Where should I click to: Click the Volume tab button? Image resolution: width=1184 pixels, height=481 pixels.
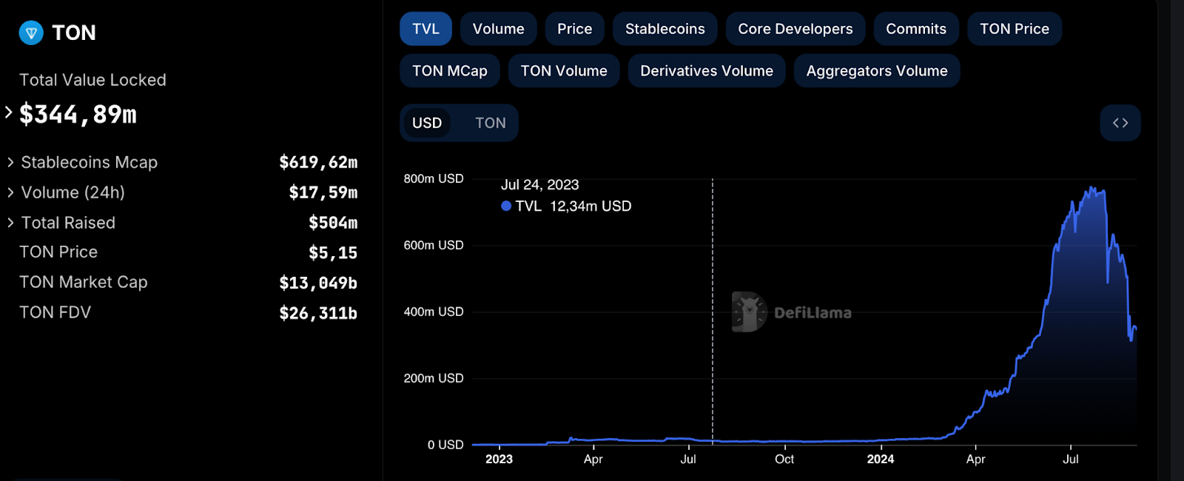click(498, 29)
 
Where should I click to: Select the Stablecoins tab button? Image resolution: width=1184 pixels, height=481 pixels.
click(665, 29)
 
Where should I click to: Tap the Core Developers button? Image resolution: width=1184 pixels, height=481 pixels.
click(795, 29)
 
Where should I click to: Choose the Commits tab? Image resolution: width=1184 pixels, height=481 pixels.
click(915, 29)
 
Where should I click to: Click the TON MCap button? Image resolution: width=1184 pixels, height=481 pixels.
click(449, 71)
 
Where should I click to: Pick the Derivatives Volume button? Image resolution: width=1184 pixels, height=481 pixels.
click(706, 71)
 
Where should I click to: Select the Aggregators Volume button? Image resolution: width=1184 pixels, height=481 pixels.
click(876, 71)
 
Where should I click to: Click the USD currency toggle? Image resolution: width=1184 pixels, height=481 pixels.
click(427, 123)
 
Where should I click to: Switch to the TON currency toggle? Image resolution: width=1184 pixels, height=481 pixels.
click(490, 123)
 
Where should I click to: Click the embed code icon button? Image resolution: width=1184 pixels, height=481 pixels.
click(1120, 123)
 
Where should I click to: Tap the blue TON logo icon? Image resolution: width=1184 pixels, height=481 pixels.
click(31, 33)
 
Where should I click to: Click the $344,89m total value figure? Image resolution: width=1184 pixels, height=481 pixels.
click(78, 115)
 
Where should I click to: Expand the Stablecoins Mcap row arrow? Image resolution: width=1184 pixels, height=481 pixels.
click(10, 162)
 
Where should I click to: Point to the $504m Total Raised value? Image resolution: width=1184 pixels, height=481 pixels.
click(332, 223)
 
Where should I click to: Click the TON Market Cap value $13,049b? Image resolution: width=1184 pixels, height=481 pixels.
click(317, 283)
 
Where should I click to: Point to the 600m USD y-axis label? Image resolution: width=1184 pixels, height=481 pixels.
click(434, 245)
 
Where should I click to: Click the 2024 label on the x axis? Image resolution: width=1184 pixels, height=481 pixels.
click(880, 459)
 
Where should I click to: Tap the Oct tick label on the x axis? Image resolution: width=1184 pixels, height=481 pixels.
click(784, 459)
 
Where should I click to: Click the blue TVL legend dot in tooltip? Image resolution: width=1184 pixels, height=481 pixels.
click(506, 206)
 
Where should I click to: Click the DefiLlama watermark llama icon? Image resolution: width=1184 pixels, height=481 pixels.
click(749, 312)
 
